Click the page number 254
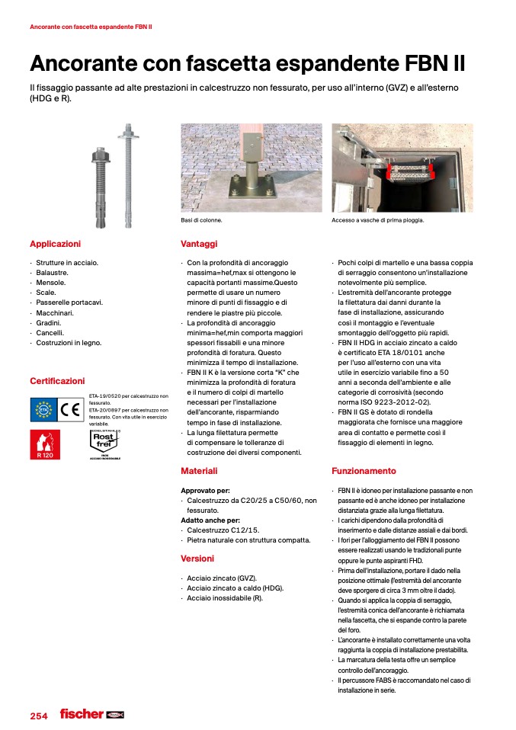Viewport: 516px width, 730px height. [x=38, y=716]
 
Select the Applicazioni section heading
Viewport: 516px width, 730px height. [x=55, y=244]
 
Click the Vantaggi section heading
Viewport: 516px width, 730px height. [x=199, y=244]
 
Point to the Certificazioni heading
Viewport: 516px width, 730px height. [x=57, y=380]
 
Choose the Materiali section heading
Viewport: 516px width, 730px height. [x=199, y=471]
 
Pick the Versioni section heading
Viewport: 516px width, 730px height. [x=197, y=559]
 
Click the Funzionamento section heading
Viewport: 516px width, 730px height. [x=364, y=471]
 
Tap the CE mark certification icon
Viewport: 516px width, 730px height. [x=71, y=410]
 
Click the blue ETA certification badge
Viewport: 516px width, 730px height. [x=43, y=410]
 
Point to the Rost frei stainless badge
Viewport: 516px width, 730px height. [x=104, y=443]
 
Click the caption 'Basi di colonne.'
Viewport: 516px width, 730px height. [x=201, y=220]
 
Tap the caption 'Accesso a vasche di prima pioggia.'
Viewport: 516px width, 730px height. [x=377, y=220]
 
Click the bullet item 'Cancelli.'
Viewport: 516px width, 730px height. [x=51, y=332]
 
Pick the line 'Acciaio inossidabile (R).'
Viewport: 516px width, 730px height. [x=225, y=598]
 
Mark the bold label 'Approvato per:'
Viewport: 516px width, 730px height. [x=205, y=490]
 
